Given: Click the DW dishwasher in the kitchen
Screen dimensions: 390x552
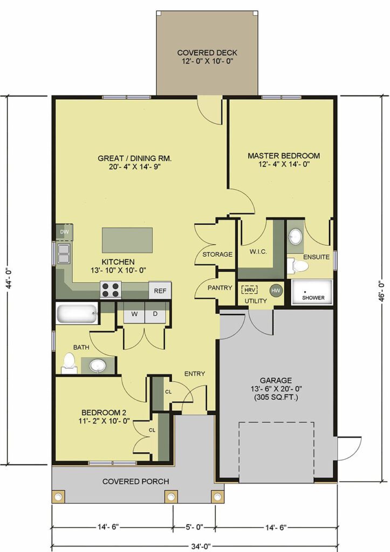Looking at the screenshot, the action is pos(65,232).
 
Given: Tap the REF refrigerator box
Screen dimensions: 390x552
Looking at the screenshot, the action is pos(160,291).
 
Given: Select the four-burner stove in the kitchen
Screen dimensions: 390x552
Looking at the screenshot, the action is pos(111,289).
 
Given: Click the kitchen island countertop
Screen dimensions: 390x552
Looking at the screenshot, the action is pos(127,240).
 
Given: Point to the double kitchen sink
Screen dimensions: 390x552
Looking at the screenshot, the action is pos(64,254).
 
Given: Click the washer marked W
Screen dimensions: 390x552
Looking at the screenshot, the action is pos(134,313).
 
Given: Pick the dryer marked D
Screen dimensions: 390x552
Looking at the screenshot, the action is pos(155,313).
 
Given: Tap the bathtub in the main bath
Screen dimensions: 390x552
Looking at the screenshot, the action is pos(77,313).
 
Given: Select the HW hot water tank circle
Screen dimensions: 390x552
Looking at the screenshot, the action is pos(276,291).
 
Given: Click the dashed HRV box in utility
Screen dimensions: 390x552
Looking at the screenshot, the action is pos(249,289).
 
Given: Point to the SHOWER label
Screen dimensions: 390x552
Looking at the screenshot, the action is pos(313,298).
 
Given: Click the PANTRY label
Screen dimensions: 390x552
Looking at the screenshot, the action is pos(220,288).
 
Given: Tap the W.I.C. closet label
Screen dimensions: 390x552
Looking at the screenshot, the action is pos(258,252).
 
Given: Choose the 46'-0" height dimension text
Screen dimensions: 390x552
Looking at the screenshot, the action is pos(379,289).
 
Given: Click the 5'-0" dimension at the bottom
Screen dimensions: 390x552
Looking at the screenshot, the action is pos(195,527).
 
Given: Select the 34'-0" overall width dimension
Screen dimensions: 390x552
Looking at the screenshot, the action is pos(201,547).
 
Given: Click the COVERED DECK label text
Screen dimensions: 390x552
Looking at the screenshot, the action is pos(207,53).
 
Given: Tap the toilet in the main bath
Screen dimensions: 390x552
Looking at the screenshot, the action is pos(70,363).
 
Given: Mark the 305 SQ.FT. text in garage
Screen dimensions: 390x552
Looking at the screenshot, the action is pos(276,398).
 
